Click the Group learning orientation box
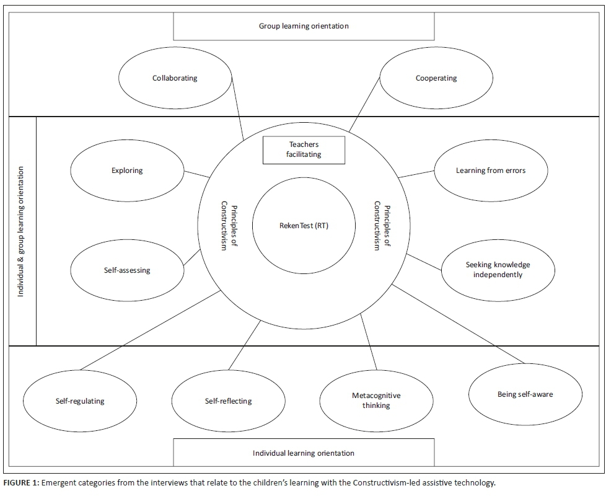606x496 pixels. coord(304,26)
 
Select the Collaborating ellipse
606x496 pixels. coord(175,78)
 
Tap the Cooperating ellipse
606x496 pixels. coord(436,78)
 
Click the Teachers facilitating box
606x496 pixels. coord(304,150)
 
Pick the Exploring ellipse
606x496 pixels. coord(127,170)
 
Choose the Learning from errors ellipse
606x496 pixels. coord(490,170)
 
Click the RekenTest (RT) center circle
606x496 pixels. coord(304,226)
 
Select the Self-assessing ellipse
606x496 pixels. coord(127,270)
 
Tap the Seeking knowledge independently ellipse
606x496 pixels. coord(498,270)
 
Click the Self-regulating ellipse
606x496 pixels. coord(79,401)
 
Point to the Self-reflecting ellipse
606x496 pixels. coord(228,401)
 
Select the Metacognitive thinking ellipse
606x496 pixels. coord(376,401)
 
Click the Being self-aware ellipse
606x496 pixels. coord(525,394)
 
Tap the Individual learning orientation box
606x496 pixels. coord(304,453)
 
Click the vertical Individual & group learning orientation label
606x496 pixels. coord(21,231)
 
